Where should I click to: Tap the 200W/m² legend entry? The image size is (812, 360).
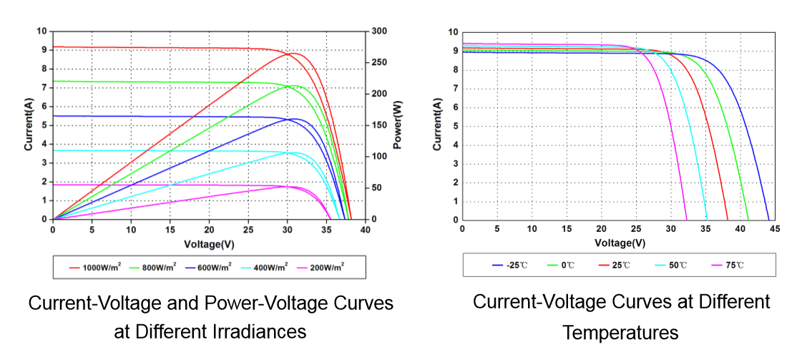326,267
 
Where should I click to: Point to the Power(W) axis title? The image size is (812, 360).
396,125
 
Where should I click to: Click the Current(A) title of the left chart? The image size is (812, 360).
29,125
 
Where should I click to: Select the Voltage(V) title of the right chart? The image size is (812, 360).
620,243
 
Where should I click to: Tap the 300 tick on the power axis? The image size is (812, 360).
379,31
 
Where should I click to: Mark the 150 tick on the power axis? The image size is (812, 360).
379,125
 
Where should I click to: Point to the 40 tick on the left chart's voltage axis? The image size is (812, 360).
366,230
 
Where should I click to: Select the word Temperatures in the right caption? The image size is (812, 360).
620,333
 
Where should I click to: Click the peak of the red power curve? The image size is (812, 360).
293,53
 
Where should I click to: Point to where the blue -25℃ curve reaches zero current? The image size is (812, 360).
769,220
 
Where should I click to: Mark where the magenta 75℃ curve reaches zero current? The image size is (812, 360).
686,220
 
